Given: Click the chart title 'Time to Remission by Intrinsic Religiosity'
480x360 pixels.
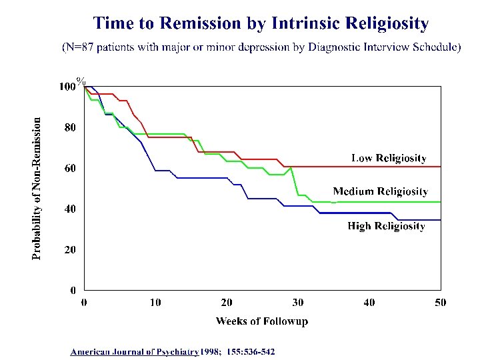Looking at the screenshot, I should tap(261, 24).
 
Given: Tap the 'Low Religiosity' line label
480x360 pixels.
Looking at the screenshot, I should tap(389, 158).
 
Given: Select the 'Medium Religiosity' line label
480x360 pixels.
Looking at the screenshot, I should tap(380, 191).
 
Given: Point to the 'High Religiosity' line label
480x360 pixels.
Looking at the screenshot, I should tap(386, 226).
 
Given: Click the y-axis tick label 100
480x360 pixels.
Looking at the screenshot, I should tap(67, 87).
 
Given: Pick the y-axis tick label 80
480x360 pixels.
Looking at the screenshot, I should tap(70, 127).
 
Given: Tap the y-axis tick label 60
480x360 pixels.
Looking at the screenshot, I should tap(70, 168).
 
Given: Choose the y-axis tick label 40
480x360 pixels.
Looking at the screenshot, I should tap(70, 209).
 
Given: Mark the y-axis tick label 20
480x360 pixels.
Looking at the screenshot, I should tap(70, 249).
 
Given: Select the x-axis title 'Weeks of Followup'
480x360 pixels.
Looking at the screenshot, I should tap(262, 321).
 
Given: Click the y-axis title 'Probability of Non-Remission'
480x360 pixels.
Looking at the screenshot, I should tap(37, 188).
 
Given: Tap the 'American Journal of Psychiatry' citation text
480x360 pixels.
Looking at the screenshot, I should tap(135, 351).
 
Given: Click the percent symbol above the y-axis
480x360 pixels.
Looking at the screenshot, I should tap(81, 81).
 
